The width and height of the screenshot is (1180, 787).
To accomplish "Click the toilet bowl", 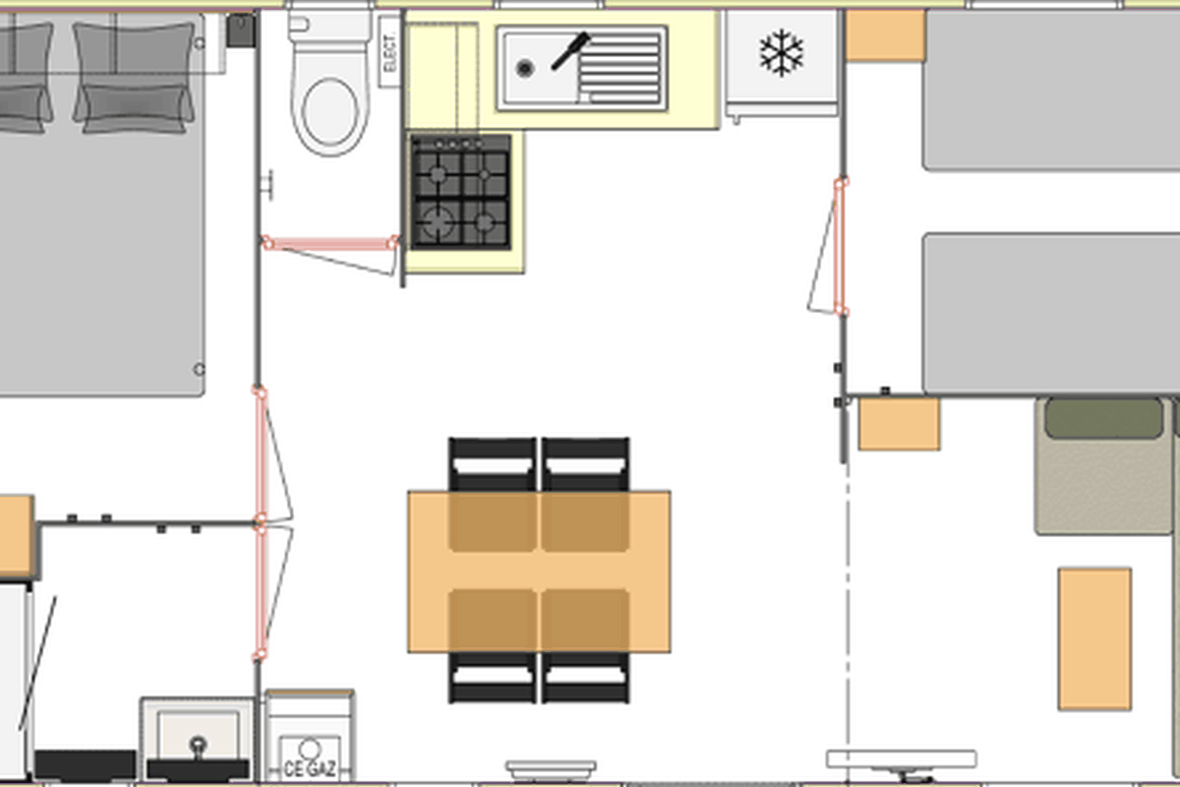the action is pyautogui.click(x=330, y=112).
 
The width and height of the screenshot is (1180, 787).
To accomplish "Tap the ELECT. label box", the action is pyautogui.click(x=389, y=52).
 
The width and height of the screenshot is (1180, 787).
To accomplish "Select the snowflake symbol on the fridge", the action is pyautogui.click(x=782, y=53).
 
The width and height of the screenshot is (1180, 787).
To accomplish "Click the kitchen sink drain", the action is pyautogui.click(x=525, y=68).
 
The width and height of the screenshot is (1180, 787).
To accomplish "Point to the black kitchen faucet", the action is pyautogui.click(x=571, y=51).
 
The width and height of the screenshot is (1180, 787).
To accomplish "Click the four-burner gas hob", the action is pyautogui.click(x=461, y=192).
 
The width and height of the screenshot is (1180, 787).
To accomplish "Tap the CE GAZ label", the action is pyautogui.click(x=310, y=768).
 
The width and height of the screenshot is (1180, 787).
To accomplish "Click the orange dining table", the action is pyautogui.click(x=539, y=572).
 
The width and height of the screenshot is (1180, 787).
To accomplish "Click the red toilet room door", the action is pyautogui.click(x=330, y=244).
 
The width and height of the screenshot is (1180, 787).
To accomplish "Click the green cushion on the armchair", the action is pyautogui.click(x=1104, y=418).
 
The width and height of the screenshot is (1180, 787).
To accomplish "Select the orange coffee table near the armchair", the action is pyautogui.click(x=1094, y=638).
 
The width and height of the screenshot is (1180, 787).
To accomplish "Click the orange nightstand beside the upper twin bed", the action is pyautogui.click(x=886, y=35).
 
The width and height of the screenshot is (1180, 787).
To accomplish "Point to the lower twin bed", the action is pyautogui.click(x=1051, y=313).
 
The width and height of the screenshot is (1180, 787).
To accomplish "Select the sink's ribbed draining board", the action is pyautogui.click(x=619, y=68).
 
